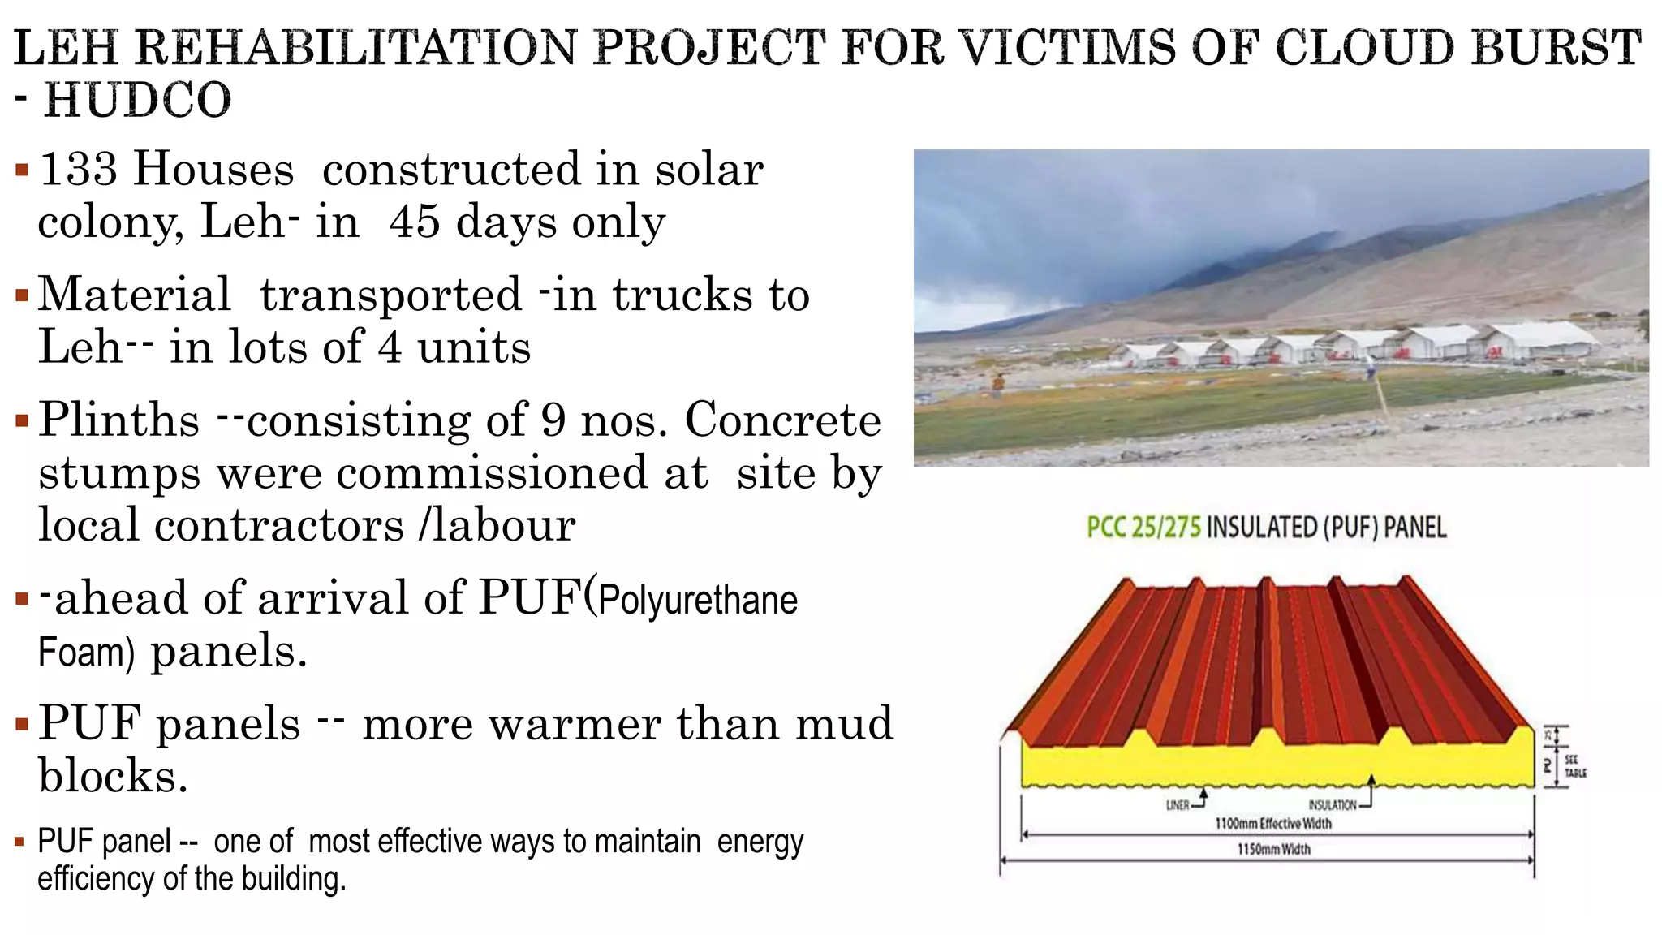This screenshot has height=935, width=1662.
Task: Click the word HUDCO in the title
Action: pos(137,101)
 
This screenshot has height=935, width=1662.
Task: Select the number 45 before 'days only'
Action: pos(415,222)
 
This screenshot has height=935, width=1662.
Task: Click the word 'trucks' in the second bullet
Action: pos(682,295)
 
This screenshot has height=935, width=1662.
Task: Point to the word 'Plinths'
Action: pos(118,420)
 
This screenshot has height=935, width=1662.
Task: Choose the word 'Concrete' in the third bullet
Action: pos(782,420)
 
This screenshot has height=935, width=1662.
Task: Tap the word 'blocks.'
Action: pos(113,776)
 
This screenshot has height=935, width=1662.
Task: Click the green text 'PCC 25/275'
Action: pos(1143,528)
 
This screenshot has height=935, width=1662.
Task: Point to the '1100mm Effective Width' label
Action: pos(1272,824)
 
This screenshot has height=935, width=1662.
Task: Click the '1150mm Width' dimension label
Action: pos(1273,850)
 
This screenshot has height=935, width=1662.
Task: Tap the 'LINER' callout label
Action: pos(1178,805)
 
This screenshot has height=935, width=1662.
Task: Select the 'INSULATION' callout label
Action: pos(1332,805)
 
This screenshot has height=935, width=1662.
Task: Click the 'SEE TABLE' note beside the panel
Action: pos(1574,767)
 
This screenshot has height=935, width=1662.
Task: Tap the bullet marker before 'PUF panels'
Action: pos(22,723)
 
